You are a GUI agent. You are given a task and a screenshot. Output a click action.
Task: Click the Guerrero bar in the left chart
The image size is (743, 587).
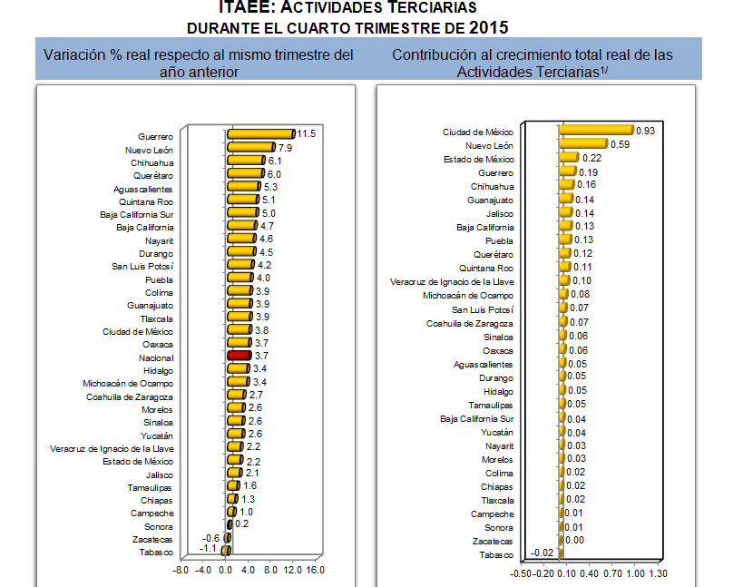(x=260, y=134)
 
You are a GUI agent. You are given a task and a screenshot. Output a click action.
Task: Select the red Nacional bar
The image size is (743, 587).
(x=238, y=357)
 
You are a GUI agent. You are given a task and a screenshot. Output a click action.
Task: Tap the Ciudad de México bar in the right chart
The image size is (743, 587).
(x=595, y=132)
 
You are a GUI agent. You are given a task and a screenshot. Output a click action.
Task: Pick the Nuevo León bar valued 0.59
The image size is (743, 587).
(x=582, y=144)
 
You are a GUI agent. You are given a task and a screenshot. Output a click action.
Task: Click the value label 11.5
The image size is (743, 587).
(x=306, y=134)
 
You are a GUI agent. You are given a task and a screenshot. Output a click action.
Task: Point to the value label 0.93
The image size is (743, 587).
(x=646, y=131)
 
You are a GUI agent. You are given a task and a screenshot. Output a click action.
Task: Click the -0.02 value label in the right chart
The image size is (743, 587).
(x=543, y=553)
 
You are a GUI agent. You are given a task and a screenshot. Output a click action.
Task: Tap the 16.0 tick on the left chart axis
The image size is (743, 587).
(x=315, y=571)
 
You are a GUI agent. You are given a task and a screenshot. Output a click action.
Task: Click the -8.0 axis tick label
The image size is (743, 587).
(x=181, y=571)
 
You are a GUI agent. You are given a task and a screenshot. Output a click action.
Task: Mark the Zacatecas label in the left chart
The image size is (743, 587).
(x=155, y=539)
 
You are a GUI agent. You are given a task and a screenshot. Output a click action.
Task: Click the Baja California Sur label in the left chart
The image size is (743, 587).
(x=136, y=214)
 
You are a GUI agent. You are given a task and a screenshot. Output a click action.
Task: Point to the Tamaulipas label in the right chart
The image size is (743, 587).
(x=491, y=405)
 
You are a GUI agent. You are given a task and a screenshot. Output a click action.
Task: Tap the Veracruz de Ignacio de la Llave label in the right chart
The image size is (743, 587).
(x=452, y=281)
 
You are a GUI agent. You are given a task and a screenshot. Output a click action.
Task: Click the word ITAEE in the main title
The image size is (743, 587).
(x=243, y=6)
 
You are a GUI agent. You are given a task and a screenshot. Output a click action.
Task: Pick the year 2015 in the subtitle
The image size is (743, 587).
(x=489, y=27)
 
